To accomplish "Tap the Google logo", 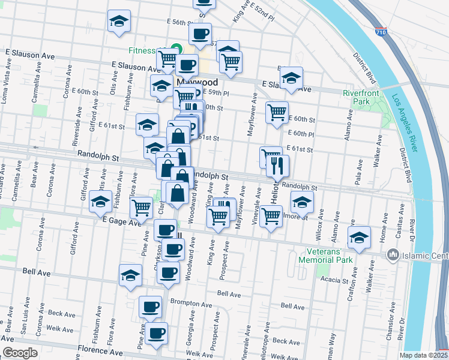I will (20, 353).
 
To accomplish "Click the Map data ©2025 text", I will (423, 355).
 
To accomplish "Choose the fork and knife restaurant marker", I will (277, 166).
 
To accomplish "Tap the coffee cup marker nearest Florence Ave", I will (157, 333).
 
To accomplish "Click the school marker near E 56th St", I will (119, 21).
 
